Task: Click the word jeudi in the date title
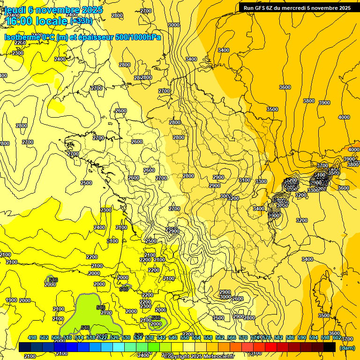tap(15, 10)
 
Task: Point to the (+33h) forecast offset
tap(81, 21)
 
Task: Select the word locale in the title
tap(52, 21)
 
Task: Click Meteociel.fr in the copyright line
tap(217, 356)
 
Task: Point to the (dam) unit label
tap(347, 348)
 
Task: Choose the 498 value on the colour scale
tap(32, 337)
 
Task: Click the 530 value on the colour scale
tap(126, 337)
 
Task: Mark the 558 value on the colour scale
tap(209, 337)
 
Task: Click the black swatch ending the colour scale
tap(330, 347)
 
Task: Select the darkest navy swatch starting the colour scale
tap(25, 347)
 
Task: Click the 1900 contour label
tap(11, 300)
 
